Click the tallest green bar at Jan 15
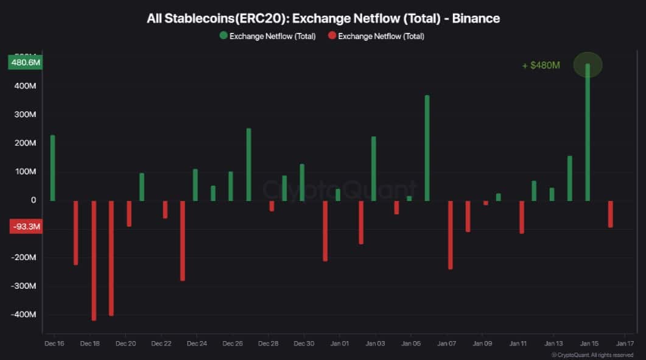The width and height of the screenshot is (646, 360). [588, 132]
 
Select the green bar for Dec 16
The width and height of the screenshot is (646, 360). [52, 168]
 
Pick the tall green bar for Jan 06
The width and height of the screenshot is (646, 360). [427, 148]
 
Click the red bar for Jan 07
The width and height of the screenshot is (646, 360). [451, 235]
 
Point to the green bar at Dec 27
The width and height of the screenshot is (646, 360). [248, 164]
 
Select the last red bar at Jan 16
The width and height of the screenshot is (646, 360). [611, 214]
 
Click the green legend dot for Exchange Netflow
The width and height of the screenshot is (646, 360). [223, 36]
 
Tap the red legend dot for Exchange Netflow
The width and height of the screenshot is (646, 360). [332, 36]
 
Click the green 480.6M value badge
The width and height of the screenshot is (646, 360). [25, 62]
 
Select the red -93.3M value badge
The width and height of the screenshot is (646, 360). [25, 227]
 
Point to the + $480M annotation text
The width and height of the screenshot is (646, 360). [541, 65]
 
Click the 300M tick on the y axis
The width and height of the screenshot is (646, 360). [25, 115]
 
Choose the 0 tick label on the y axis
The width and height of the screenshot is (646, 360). [33, 200]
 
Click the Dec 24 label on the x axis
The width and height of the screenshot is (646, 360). [197, 344]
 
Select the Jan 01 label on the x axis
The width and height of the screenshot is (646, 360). [339, 344]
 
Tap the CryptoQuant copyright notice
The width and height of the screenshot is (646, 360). [592, 355]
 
